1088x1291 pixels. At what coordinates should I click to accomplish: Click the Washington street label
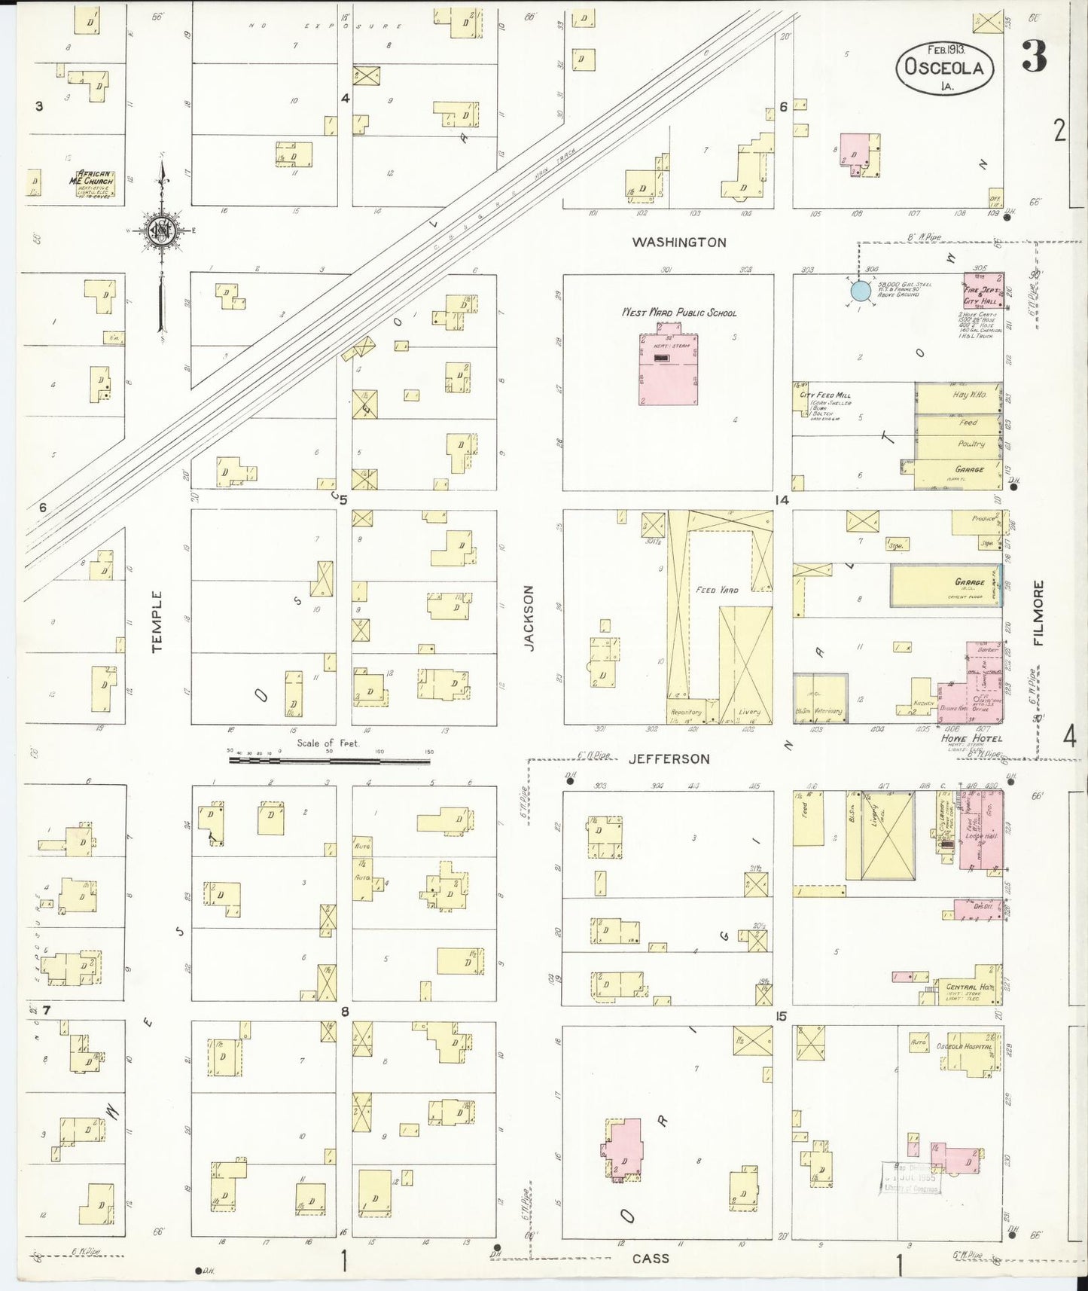click(678, 243)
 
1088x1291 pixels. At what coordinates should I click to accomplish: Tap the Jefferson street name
click(669, 759)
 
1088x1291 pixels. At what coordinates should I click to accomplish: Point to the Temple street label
click(157, 621)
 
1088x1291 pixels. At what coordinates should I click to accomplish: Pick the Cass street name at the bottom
click(651, 1259)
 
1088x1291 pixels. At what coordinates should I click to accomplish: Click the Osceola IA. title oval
click(945, 67)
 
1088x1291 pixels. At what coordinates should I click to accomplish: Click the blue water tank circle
click(860, 291)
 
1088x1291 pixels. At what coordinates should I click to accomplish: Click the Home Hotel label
click(971, 738)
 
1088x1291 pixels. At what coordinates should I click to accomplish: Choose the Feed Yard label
click(717, 590)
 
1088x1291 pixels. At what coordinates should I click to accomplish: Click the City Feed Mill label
click(825, 395)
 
